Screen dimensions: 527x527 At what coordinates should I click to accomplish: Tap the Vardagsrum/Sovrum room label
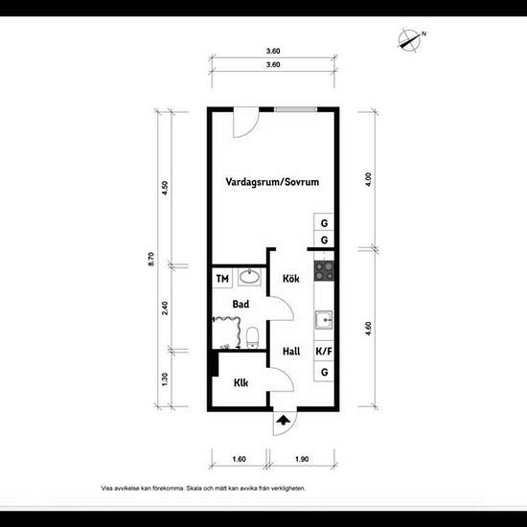coord(272,181)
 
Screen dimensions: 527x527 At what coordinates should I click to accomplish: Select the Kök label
coord(292,279)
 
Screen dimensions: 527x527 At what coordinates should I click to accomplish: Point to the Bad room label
coord(241,305)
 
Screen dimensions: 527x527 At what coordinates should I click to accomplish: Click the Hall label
coord(292,352)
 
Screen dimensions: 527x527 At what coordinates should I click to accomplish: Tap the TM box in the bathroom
coord(222,279)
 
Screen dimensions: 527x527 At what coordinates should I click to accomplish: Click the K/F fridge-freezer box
coord(325,352)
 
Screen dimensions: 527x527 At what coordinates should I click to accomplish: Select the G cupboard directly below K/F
coord(325,371)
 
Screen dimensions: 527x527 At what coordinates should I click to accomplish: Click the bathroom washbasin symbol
coord(251,278)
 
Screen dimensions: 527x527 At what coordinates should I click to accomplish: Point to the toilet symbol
coord(252,336)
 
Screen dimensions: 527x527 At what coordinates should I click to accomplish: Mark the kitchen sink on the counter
coord(325,318)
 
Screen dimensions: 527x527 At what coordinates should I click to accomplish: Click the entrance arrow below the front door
coord(284,418)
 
